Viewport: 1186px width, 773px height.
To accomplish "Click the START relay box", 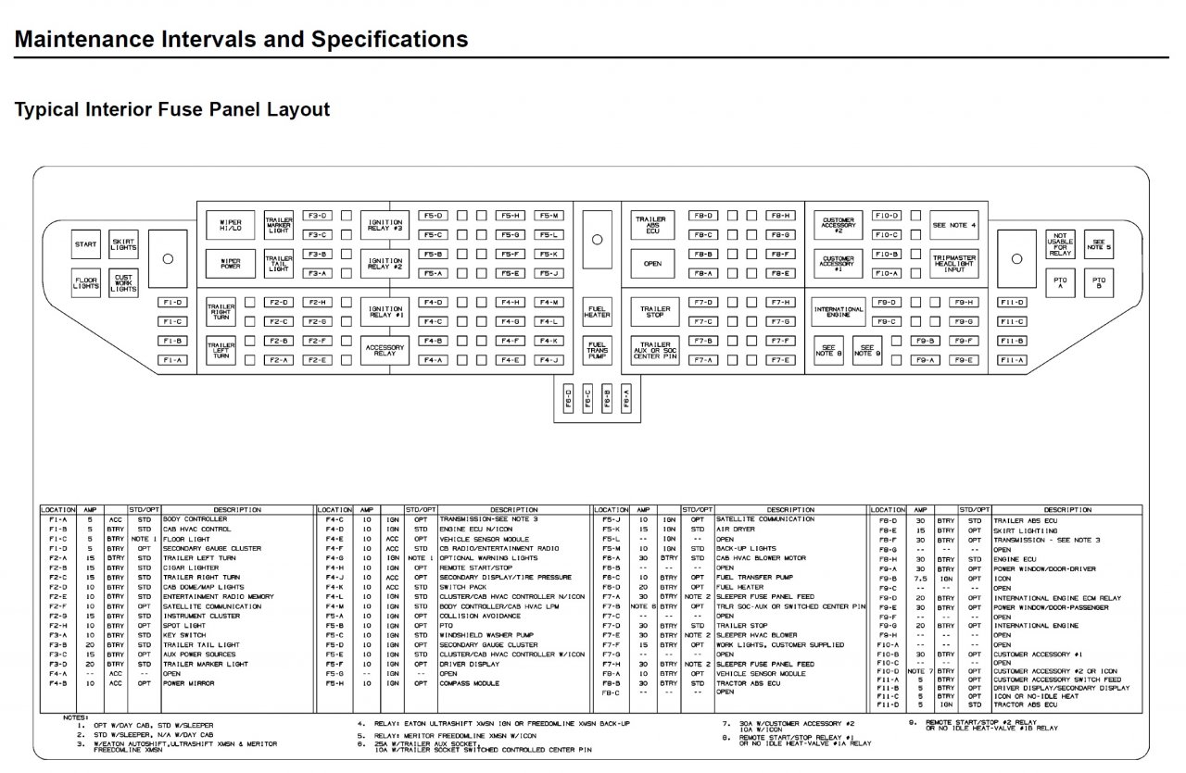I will click(x=86, y=244).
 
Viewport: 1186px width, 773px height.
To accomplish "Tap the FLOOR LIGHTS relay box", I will click(x=86, y=282).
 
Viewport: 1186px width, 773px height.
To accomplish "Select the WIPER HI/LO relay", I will click(x=230, y=225).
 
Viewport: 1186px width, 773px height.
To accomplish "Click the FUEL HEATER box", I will click(x=597, y=311).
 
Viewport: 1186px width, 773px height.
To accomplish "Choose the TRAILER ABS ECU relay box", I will click(x=653, y=225).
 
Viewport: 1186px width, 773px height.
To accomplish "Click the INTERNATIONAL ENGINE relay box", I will click(x=838, y=311).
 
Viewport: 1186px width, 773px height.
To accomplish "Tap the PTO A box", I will click(x=1060, y=282).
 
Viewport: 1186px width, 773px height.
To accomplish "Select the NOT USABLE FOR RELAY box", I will click(x=1060, y=243).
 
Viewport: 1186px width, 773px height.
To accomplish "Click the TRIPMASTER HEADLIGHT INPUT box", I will click(x=954, y=263).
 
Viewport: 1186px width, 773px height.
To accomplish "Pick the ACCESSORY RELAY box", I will click(x=385, y=350).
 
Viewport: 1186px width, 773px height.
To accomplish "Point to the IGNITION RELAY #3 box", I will click(x=385, y=225).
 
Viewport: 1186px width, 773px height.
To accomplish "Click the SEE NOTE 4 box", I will click(x=954, y=225).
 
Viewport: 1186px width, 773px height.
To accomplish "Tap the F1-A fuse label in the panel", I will click(x=170, y=360).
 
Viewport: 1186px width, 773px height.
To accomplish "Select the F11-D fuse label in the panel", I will click(x=1012, y=303).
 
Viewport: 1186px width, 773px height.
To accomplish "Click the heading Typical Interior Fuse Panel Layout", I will click(x=172, y=110).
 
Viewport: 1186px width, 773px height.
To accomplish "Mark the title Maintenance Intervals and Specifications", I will click(x=242, y=40).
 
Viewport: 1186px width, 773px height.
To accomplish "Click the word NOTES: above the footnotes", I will click(x=76, y=717).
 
